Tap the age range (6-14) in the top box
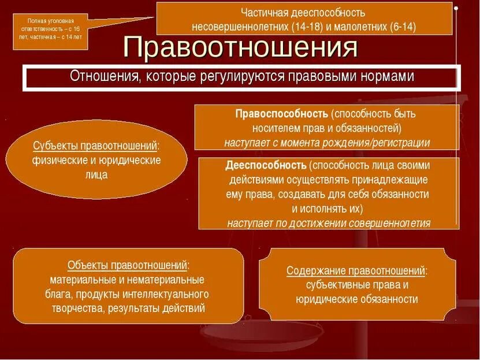tap(401, 27)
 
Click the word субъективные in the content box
tap(340, 284)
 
